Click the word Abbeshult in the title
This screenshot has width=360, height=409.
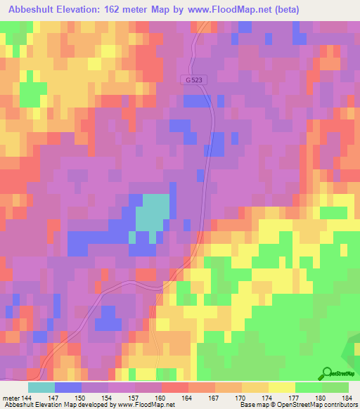coord(33,10)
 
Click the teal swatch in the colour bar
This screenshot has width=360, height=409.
coord(41,387)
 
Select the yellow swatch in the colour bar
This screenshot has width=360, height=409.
coord(282,387)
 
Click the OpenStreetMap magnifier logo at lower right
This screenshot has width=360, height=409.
coord(326,375)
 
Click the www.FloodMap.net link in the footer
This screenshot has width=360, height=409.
coord(141,405)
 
